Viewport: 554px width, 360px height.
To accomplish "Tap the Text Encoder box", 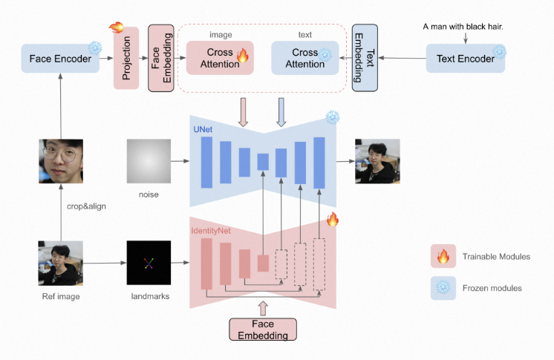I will tap(466, 58).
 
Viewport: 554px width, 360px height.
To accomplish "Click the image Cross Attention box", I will tap(219, 58).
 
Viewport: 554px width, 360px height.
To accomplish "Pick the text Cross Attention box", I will tap(304, 58).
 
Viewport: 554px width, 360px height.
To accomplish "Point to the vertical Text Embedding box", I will tap(365, 58).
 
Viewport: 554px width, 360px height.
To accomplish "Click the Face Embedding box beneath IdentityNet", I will tap(262, 329).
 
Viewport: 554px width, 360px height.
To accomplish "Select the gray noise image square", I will tap(149, 160).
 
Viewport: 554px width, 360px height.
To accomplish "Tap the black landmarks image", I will tap(149, 263).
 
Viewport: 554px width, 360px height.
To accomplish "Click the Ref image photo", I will tap(61, 263).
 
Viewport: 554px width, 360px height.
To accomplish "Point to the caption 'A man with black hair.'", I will tap(463, 27).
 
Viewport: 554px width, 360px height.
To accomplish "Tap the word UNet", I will tap(203, 129).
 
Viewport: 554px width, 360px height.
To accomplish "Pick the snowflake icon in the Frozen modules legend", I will tap(443, 287).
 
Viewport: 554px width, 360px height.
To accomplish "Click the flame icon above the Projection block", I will tap(117, 27).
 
